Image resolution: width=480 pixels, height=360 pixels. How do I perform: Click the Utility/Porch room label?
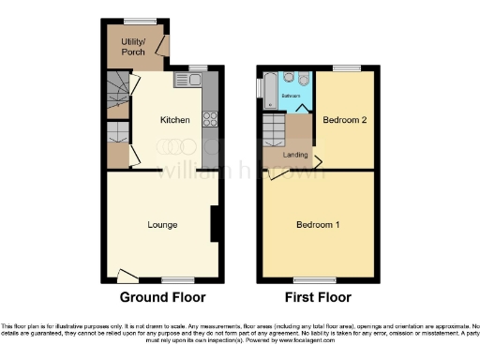132,46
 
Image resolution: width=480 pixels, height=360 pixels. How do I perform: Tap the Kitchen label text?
175,120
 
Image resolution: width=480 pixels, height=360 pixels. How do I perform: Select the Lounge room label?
162,225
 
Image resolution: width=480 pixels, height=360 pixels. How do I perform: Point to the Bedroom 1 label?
319,225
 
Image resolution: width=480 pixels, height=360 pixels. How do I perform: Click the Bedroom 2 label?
343,120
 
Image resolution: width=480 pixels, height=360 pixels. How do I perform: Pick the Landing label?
296,154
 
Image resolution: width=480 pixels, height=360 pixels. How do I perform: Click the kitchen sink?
194,81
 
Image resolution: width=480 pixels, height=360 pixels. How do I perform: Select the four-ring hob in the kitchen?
211,119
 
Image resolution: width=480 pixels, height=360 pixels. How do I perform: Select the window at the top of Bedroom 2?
348,68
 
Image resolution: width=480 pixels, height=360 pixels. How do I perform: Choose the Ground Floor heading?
162,298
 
